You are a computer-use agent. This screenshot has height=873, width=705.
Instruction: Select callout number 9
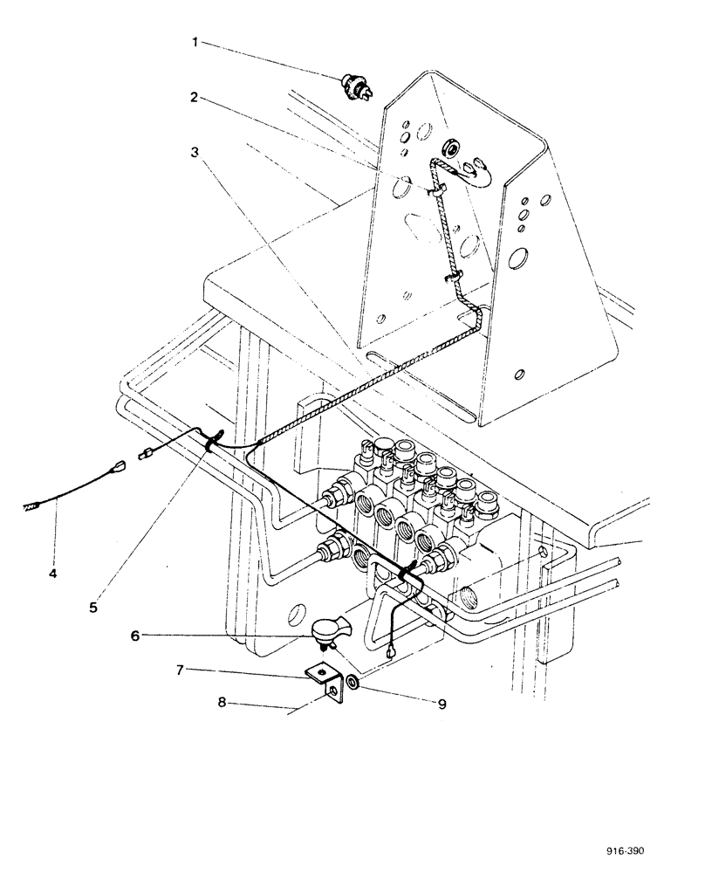[x=441, y=701]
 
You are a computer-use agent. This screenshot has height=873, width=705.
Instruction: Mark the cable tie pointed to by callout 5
[x=211, y=443]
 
